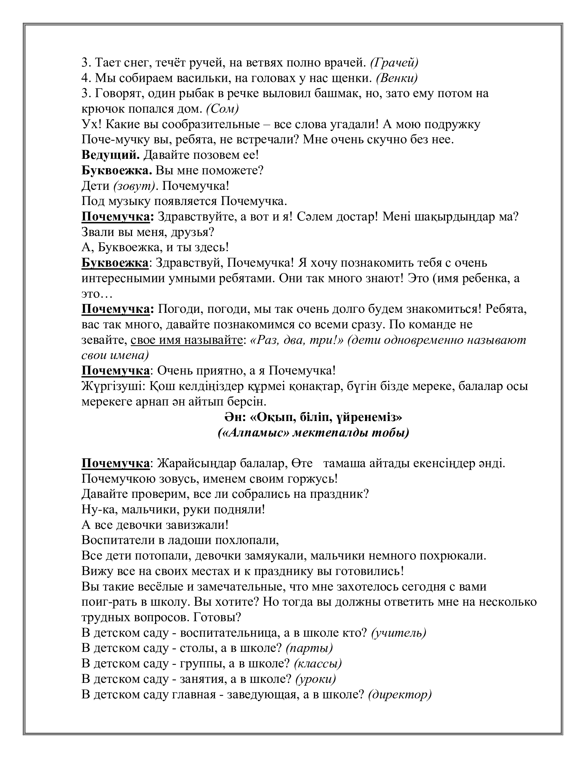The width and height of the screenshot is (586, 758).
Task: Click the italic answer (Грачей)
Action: (394, 63)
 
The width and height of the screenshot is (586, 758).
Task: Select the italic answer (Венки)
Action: (397, 79)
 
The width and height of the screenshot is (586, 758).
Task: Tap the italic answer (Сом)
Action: (222, 109)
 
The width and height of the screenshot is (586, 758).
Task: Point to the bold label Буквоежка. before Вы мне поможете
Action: (117, 171)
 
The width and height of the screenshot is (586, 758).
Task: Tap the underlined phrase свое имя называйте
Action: (186, 340)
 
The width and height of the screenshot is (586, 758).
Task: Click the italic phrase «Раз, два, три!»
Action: (296, 340)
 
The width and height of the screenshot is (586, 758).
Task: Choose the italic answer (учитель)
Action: (398, 633)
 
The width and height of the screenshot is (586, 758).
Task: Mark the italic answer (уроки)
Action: (315, 679)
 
